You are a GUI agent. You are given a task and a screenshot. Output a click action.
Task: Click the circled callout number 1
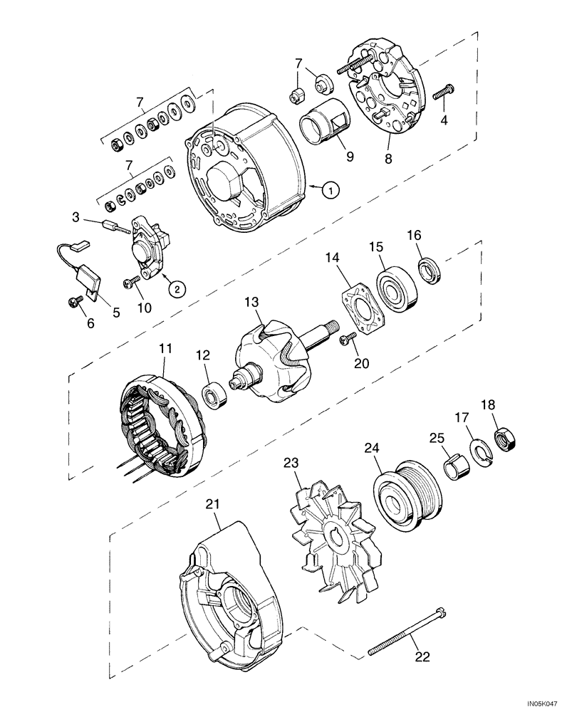click(x=330, y=189)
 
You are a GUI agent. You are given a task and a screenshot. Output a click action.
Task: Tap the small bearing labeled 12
click(x=214, y=393)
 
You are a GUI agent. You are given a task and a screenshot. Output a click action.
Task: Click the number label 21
click(x=213, y=504)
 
